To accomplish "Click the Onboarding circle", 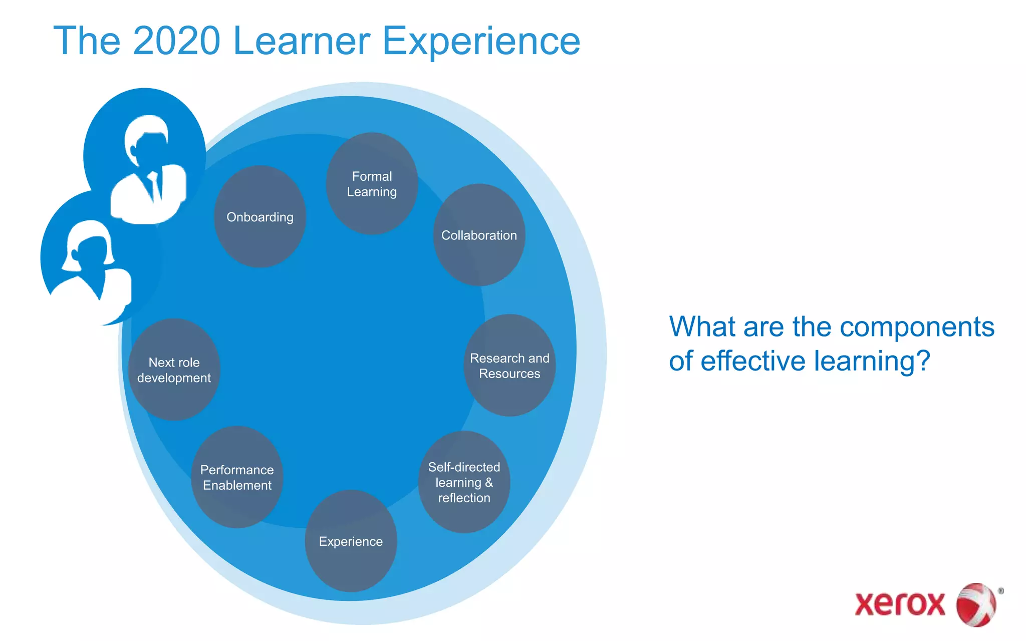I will coord(260,217).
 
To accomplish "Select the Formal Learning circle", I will coord(372,184).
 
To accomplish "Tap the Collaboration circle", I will coord(479,235).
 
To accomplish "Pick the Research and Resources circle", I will coord(509,366).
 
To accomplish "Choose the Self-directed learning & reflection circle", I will coord(464,482).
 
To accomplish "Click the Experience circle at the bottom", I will coord(351,541).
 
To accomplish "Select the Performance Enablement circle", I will coord(237,477).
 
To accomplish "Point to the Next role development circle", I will coord(174,370).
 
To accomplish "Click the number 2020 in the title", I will coord(176,41).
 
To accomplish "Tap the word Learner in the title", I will coord(302,41).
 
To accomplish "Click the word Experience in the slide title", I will coord(481,41).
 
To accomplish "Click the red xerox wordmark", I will coord(900,604).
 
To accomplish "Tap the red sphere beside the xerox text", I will coord(976,604).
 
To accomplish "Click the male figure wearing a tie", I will coord(148,170).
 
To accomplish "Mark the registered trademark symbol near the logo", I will coord(1000,591).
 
